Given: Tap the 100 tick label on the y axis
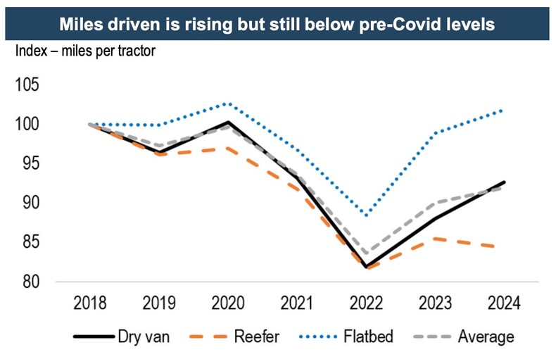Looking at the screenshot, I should coord(28,125).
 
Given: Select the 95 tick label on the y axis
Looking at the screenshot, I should coord(28,163).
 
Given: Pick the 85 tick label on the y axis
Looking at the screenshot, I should coord(28,242).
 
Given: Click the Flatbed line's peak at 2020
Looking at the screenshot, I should coord(227,103).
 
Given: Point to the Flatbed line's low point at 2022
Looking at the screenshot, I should coord(365,215).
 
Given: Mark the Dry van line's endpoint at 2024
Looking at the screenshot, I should coord(505,182).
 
